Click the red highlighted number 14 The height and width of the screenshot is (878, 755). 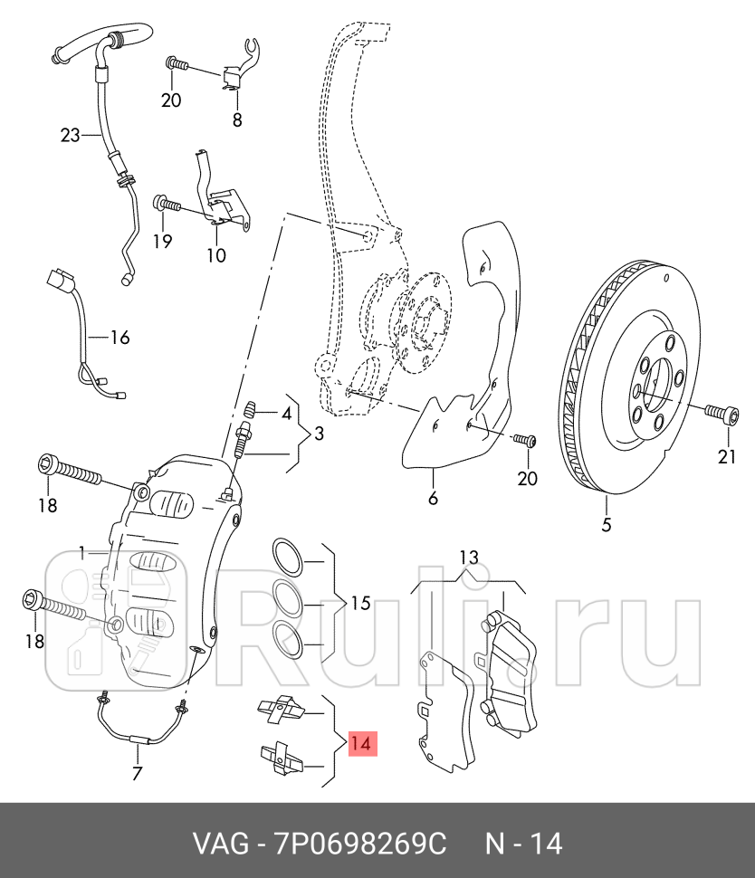361,744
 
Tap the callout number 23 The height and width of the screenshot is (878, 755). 71,136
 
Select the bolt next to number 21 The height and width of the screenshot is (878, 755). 720,413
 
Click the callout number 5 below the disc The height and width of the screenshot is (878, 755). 607,524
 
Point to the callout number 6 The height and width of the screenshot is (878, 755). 433,498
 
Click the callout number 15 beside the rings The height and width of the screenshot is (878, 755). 360,603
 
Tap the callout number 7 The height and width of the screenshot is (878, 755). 137,772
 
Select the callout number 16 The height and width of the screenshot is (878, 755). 120,339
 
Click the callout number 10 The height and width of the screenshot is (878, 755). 215,255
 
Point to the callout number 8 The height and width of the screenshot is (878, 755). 237,119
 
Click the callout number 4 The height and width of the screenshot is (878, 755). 286,415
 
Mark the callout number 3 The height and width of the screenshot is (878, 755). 318,434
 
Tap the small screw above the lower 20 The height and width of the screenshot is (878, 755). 524,441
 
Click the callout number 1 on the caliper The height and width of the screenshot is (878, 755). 81,550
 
